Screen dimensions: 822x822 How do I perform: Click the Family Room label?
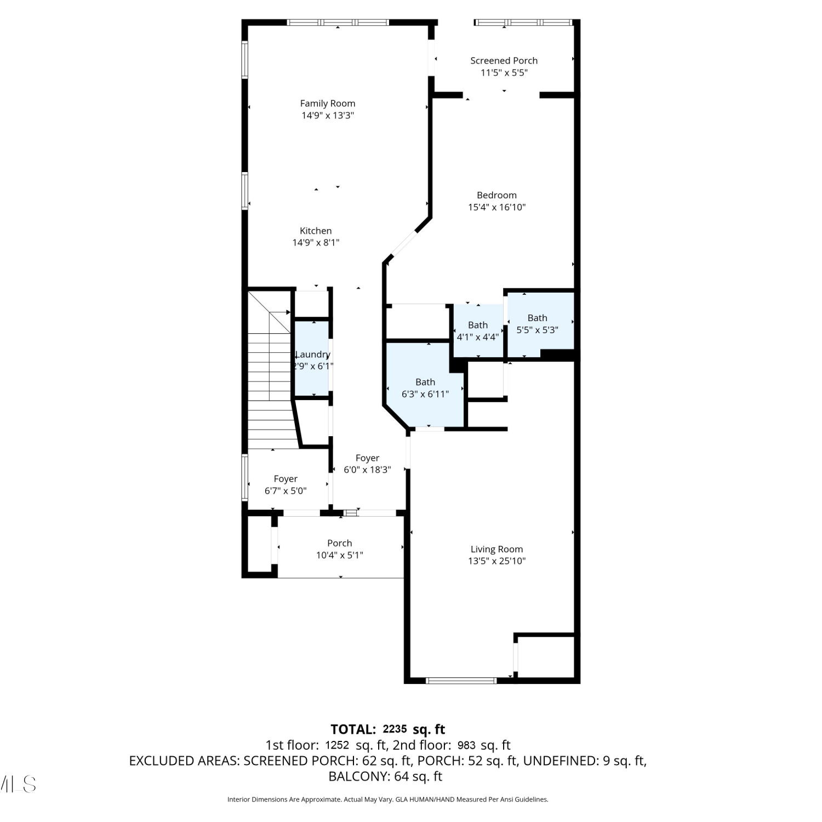click(328, 104)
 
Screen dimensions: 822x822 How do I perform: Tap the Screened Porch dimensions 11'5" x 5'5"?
click(504, 73)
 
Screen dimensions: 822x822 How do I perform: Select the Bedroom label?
click(496, 195)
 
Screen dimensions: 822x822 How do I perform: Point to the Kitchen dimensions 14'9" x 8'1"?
click(316, 243)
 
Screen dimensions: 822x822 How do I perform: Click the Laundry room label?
click(313, 355)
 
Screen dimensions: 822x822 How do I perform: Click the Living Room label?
click(496, 549)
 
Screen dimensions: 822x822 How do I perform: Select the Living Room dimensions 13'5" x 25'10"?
click(496, 561)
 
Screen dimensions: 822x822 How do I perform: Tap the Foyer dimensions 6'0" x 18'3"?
click(367, 470)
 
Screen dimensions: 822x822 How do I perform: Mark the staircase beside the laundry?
click(269, 370)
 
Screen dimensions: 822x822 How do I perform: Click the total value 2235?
click(395, 729)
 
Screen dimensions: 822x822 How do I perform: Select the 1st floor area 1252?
click(337, 745)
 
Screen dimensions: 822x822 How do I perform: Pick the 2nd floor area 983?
click(466, 745)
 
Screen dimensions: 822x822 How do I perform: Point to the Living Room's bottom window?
click(461, 681)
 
